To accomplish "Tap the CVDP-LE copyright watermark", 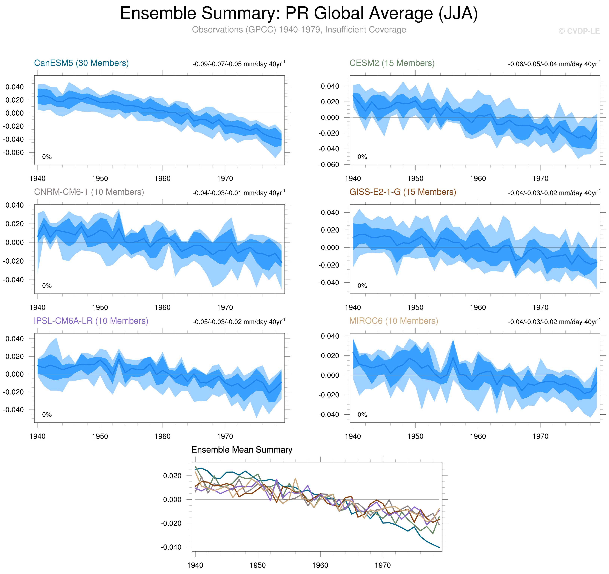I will pos(579,31).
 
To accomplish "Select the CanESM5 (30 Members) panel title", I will pos(81,63).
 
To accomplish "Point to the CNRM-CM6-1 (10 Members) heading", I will pos(89,192).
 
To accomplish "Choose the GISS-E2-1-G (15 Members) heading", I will pos(402,192).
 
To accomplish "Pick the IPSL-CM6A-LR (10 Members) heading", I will pos(91,321).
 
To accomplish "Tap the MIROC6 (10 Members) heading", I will pos(394,321).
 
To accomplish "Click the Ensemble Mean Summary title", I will pos(242,449).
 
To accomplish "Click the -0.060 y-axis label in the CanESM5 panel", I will pos(13,152).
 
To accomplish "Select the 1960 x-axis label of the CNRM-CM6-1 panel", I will pos(162,307).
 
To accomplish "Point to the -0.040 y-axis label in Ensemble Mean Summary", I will pos(171,547).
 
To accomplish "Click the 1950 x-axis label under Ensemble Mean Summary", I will pos(258,565).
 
